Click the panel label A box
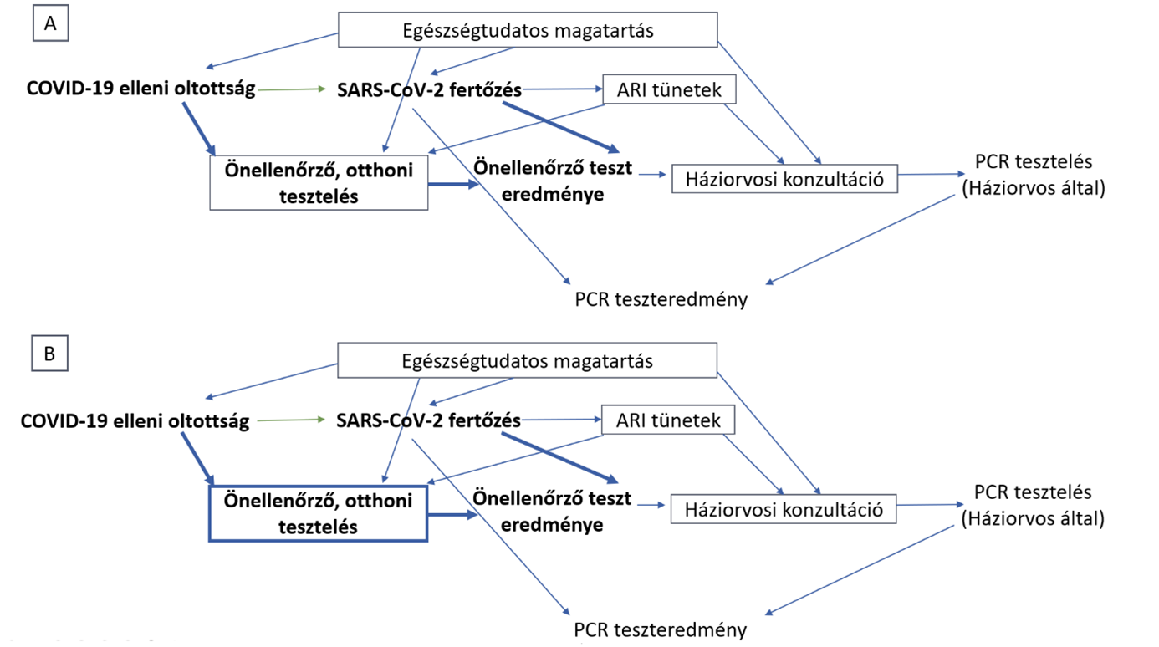50,23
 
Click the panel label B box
49,354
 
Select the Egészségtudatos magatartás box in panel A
527,31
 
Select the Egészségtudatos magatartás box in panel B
527,361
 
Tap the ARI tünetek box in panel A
669,89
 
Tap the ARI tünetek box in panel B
668,420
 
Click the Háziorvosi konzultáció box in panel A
784,178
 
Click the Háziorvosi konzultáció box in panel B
784,508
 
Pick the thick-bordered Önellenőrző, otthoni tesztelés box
318,513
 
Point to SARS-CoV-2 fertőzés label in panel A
430,89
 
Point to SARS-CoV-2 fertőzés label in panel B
428,420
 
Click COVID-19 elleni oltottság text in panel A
140,88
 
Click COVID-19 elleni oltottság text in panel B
135,420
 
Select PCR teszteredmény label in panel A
661,298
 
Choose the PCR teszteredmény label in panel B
660,629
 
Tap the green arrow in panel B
291,420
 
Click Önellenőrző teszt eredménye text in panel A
551,180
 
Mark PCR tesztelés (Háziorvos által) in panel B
1033,505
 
